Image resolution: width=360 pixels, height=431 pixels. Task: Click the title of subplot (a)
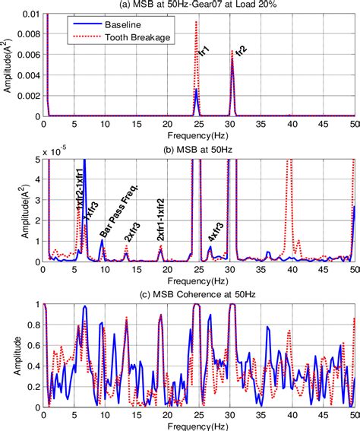tap(200, 5)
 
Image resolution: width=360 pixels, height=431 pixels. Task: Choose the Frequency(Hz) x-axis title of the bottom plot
tap(200, 424)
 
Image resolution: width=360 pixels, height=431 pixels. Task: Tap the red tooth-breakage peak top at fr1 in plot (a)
tap(196, 23)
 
